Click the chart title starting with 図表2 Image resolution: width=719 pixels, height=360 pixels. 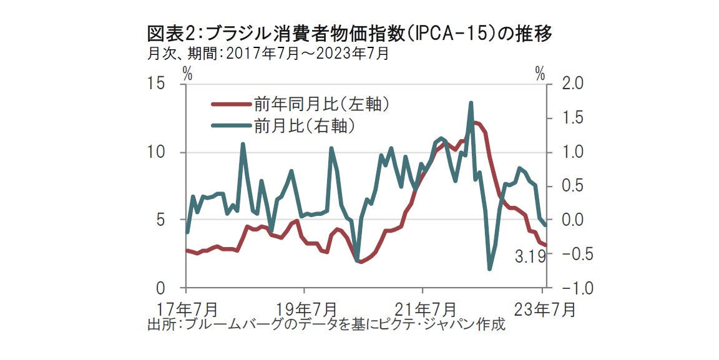tap(350, 33)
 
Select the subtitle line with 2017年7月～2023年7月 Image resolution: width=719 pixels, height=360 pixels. tap(268, 54)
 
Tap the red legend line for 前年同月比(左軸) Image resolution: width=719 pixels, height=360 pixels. tap(230, 104)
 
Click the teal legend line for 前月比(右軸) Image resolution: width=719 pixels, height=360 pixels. tap(230, 126)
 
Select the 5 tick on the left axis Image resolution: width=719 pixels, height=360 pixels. tap(160, 220)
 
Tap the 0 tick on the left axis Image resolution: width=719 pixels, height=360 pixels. tap(160, 288)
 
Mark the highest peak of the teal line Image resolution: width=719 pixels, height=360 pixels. tap(471, 103)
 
